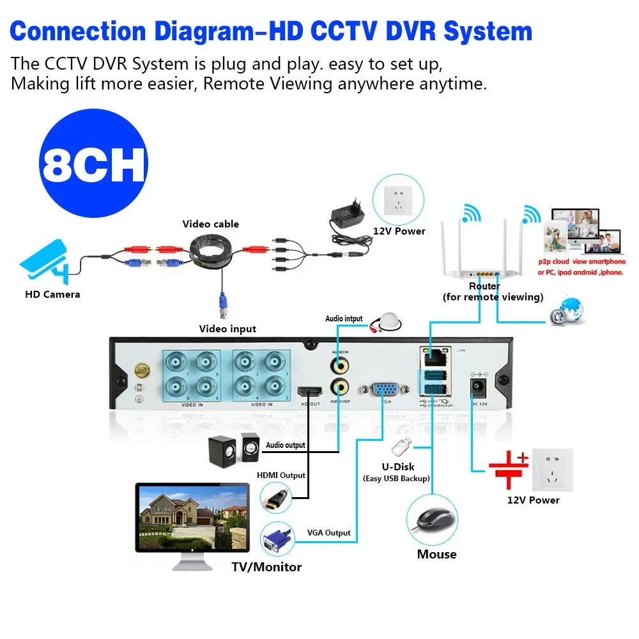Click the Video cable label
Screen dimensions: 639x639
211,224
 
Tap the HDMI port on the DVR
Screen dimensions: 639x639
311,392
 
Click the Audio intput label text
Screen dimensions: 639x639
344,318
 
